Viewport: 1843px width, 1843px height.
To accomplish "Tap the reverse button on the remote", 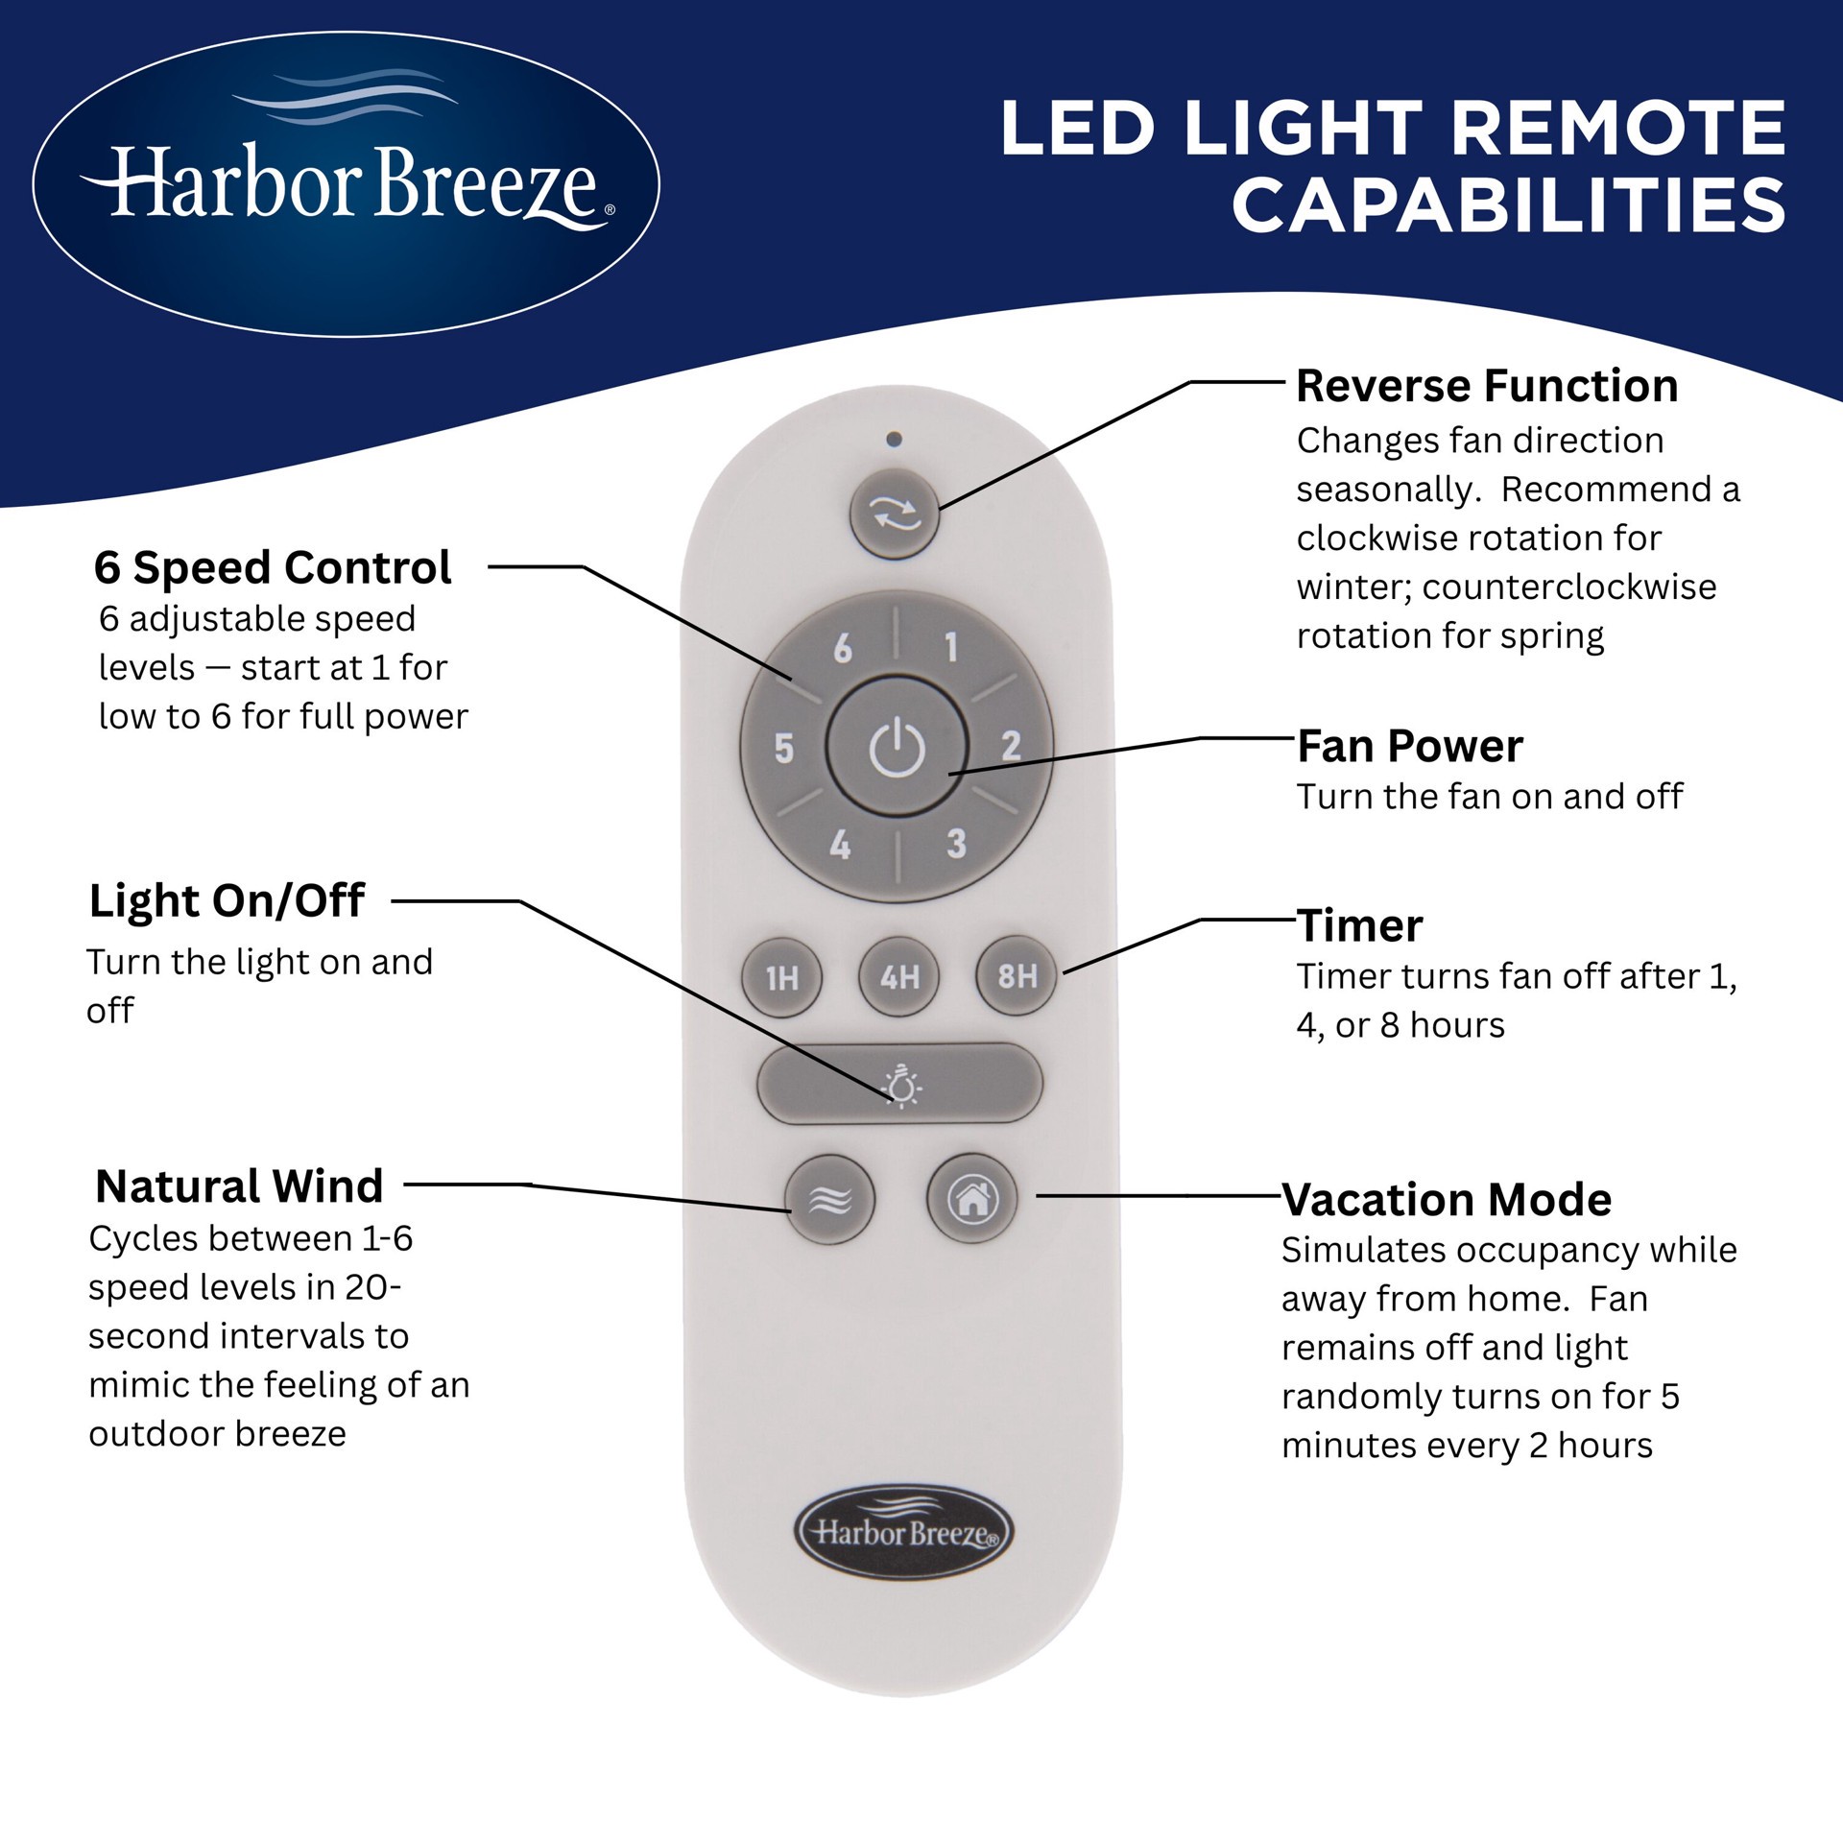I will pos(894,514).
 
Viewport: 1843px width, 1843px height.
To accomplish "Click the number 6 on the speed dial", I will pos(843,650).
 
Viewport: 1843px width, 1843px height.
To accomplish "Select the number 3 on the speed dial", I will pos(956,844).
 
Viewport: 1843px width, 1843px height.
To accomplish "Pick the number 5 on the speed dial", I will pos(784,749).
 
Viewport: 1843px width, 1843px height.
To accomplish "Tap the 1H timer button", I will pos(782,977).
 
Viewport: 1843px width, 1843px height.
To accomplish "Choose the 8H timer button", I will pos(1017,976).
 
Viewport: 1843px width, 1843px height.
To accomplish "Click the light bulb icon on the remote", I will pos(901,1086).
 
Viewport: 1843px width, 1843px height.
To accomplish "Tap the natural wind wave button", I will pos(830,1200).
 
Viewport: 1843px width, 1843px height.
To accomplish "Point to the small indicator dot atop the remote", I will pos(895,440).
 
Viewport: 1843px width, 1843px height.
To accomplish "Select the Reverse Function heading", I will pos(1486,386).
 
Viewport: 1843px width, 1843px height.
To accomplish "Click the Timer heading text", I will pos(1359,926).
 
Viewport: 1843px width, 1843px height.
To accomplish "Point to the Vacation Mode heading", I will pos(1446,1200).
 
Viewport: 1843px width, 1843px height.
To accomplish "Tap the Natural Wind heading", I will pos(239,1186).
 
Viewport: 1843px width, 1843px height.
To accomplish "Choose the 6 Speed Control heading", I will pos(273,567).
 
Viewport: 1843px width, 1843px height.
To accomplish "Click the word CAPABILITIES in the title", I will pos(1508,205).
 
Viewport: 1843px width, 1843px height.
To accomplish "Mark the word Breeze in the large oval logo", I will pos(484,184).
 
